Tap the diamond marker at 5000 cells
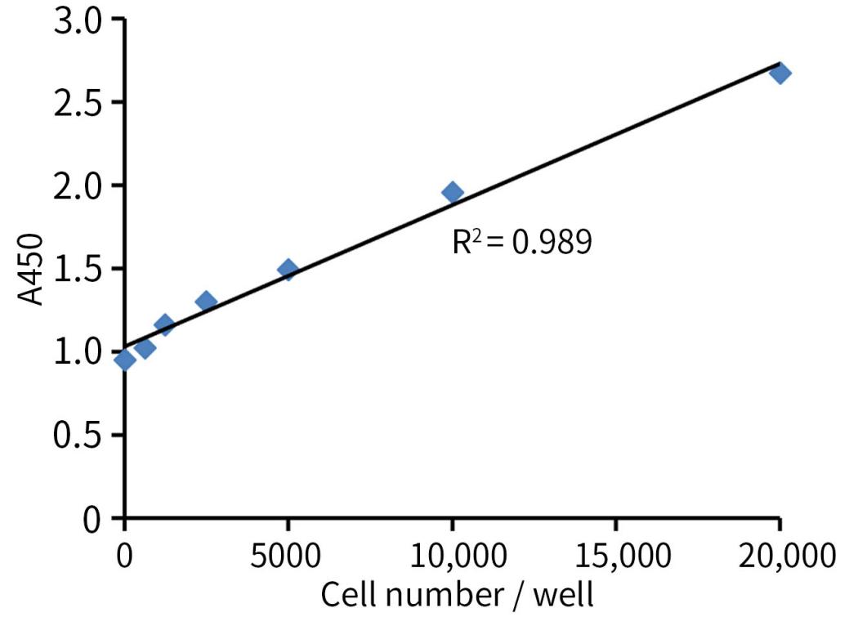288,270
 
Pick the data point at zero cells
124,360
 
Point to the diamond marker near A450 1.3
206,302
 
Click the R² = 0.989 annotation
522,242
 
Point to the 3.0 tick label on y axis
77,20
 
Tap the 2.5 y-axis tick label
77,103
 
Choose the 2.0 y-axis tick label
77,186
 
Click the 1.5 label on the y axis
77,269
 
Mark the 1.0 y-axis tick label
77,352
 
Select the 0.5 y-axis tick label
77,435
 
